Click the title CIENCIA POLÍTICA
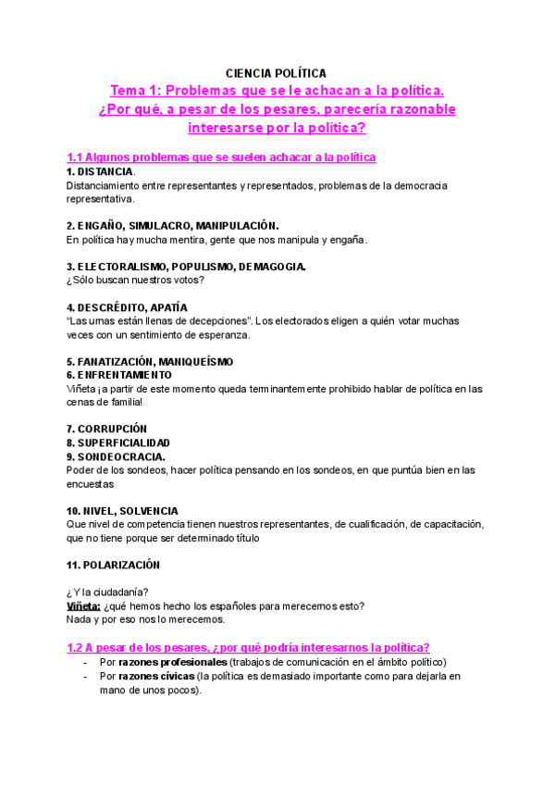point(277,72)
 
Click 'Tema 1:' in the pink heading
point(137,91)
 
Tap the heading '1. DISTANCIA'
point(100,172)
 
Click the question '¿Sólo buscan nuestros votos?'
point(135,280)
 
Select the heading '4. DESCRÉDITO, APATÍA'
point(127,307)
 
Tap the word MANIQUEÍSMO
point(196,361)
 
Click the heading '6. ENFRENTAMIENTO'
point(119,375)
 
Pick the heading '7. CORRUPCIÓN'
point(106,430)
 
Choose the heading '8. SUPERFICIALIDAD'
point(118,443)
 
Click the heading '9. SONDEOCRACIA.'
point(117,456)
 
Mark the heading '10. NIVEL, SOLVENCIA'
point(122,511)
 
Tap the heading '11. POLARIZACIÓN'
point(113,565)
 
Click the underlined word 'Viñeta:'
point(82,606)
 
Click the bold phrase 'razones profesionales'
point(173,662)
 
